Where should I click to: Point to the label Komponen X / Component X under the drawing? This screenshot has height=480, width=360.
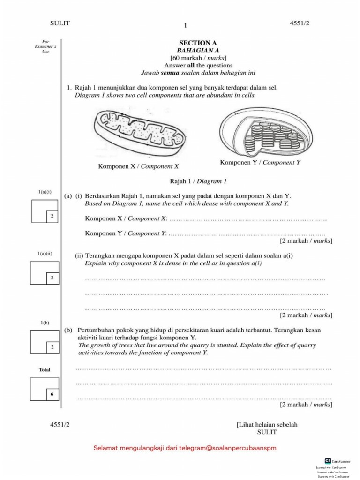[138, 166]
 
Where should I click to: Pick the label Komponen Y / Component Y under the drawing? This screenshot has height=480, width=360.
[260, 162]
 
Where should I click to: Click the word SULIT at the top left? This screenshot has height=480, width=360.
[60, 24]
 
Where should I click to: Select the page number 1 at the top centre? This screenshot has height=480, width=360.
[186, 26]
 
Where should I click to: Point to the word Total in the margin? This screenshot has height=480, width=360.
[45, 370]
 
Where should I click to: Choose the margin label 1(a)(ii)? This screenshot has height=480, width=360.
[45, 254]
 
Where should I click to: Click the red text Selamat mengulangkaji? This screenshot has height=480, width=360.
[185, 448]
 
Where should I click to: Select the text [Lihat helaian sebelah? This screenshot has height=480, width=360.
[267, 424]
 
